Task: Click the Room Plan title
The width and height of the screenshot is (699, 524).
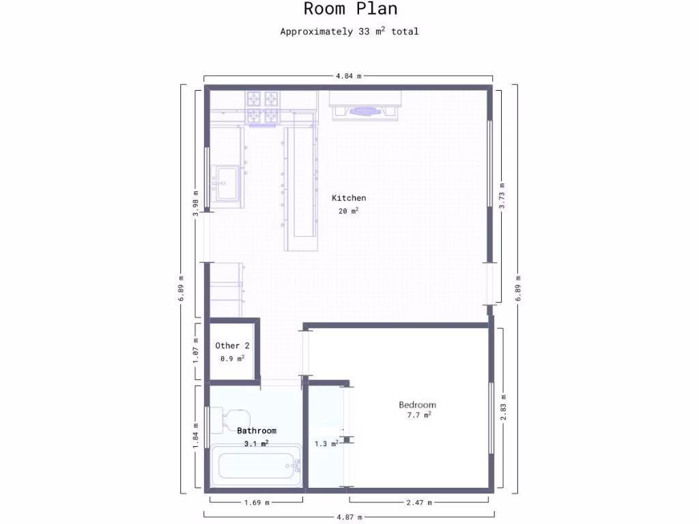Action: (349, 10)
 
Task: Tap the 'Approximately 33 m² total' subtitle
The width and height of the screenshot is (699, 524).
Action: (349, 31)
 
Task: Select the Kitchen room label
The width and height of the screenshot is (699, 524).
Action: (349, 198)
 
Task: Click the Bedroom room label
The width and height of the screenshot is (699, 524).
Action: (417, 405)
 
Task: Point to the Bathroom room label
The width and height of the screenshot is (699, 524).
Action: (257, 431)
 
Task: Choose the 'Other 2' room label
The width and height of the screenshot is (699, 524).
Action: (232, 346)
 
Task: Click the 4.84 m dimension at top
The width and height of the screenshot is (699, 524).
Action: (348, 76)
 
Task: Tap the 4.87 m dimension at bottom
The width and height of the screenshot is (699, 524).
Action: (348, 517)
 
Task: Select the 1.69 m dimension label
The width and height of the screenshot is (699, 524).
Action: (256, 503)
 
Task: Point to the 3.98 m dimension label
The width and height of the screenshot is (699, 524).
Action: (196, 203)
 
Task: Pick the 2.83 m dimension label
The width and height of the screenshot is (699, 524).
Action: (503, 407)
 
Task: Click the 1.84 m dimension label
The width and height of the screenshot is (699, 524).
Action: (196, 437)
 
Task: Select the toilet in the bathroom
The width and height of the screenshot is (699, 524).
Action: (229, 418)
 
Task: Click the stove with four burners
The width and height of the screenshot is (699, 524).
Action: (263, 107)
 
